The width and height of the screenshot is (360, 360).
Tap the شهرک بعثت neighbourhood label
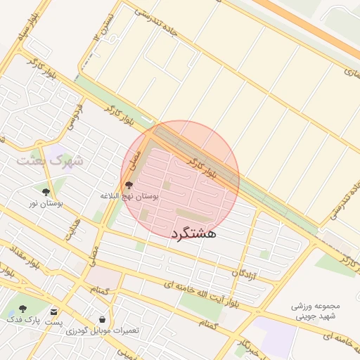[51, 161]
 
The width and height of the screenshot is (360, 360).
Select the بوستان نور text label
[46, 203]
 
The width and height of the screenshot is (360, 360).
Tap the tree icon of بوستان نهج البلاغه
[128, 186]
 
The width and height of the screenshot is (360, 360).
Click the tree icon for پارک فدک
[22, 309]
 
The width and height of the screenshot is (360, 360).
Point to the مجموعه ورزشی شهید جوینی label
[314, 311]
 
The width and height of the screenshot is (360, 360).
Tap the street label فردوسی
[73, 117]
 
